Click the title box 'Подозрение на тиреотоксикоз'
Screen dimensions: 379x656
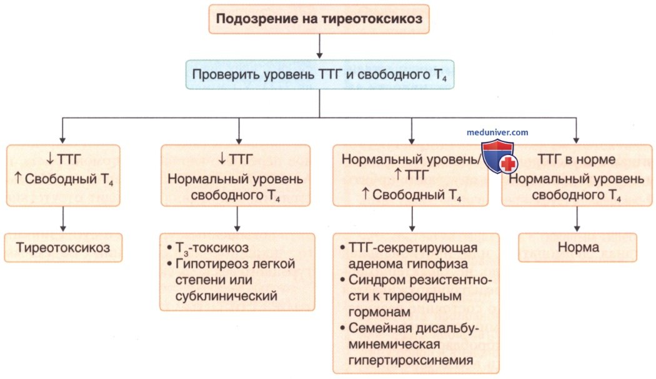tap(319, 18)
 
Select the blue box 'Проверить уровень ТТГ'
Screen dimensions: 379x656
tap(319, 75)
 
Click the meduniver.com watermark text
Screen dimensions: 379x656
tap(497, 132)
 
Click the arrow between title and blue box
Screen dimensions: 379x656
tap(319, 46)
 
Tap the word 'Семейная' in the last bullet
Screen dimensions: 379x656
tap(380, 328)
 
